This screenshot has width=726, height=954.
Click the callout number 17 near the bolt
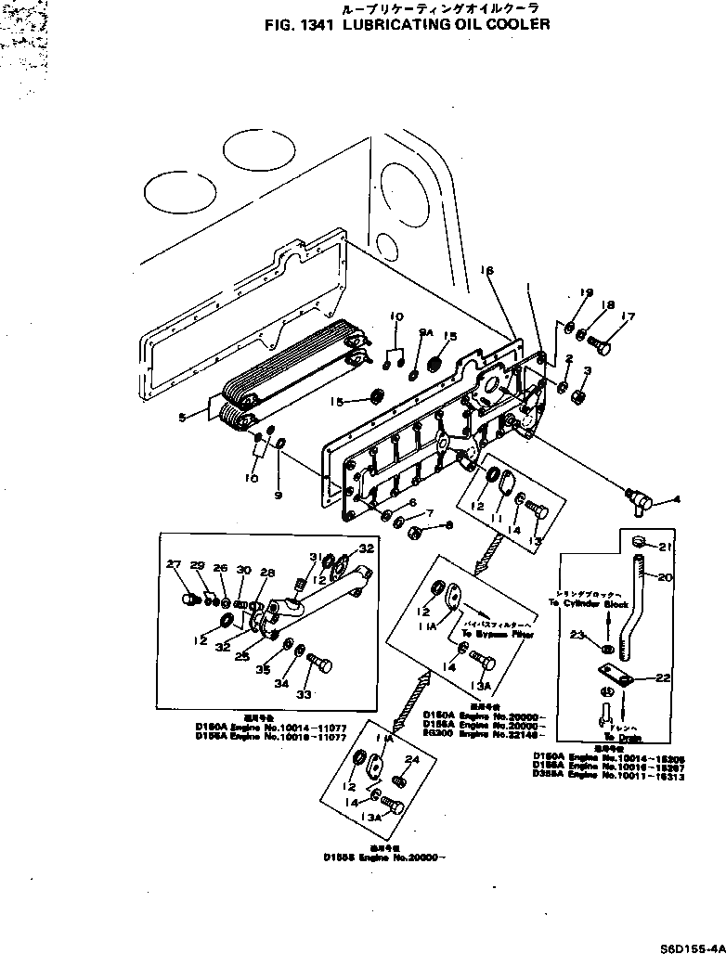629,317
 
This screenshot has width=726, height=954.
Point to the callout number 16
486,270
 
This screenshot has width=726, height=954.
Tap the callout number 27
173,565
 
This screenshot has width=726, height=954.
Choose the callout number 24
412,758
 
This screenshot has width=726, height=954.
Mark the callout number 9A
426,331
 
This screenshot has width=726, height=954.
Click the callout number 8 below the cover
449,526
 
